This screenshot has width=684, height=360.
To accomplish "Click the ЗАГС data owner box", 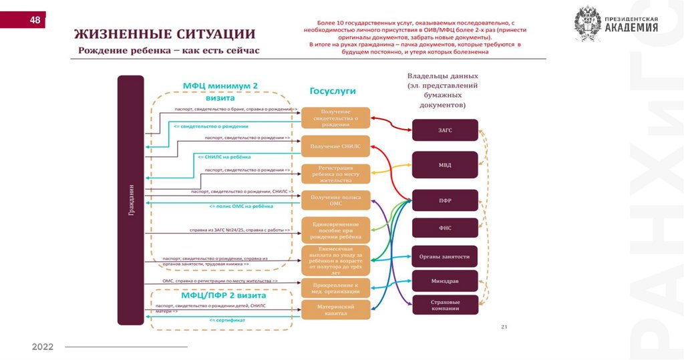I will pos(445,130).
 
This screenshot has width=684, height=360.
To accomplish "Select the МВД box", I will pos(445,164).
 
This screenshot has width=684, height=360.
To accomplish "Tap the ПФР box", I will pos(445,200).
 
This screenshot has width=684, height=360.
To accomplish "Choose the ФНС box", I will pos(445,228).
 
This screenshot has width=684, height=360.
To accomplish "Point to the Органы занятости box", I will pos(445,256).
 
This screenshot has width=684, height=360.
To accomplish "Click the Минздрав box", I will pos(445,281).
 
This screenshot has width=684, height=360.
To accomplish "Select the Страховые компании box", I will pos(445,305).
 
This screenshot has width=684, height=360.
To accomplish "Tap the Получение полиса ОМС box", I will pos(335,200).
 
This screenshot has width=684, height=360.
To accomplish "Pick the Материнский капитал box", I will pos(335,309).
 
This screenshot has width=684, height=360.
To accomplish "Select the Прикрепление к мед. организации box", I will pos(335,287).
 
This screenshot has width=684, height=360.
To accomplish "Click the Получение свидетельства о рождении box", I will pos(335,118).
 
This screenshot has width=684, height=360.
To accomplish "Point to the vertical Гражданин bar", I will pos(130,200).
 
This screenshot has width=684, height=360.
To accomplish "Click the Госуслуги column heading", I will pos(332,91).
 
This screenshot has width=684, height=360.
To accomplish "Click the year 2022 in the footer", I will pos(42,347).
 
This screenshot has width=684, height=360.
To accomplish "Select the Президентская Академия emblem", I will pos(588,25).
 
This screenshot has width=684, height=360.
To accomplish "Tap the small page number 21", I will pos(505,327).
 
